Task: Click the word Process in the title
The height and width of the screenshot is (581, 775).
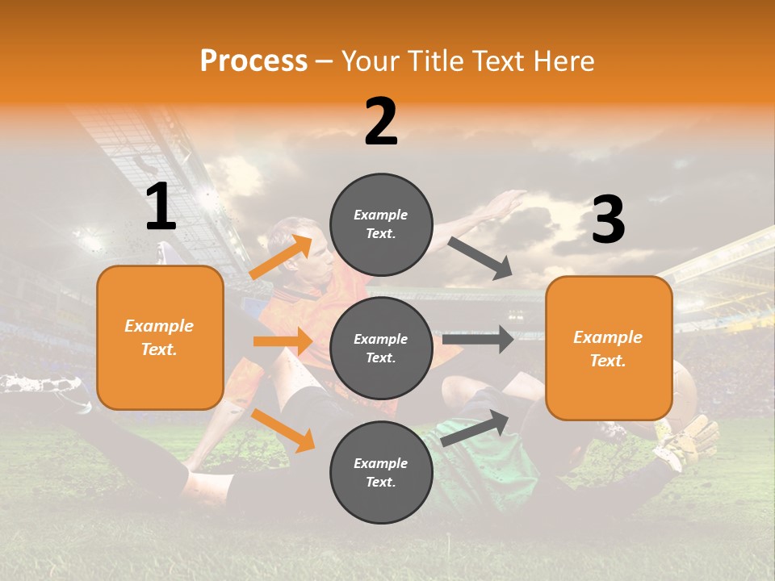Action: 253,61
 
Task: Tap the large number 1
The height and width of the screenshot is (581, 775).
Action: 161,207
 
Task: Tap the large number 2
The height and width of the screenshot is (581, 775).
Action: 381,123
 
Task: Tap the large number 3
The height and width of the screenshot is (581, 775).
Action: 608,220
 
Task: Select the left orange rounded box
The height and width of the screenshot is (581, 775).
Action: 160,337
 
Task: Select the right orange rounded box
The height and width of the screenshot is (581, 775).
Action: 609,349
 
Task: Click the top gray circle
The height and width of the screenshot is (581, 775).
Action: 381,224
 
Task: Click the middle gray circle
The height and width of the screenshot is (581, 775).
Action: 381,348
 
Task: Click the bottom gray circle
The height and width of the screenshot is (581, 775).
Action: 381,472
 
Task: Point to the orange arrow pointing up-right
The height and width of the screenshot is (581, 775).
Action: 281,257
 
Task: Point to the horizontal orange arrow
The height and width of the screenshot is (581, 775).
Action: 283,341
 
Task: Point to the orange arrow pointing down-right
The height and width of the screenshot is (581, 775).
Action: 283,430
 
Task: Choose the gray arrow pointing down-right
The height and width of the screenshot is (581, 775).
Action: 480,258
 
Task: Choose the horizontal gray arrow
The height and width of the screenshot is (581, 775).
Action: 478,339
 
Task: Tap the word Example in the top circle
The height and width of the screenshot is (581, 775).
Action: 381,215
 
